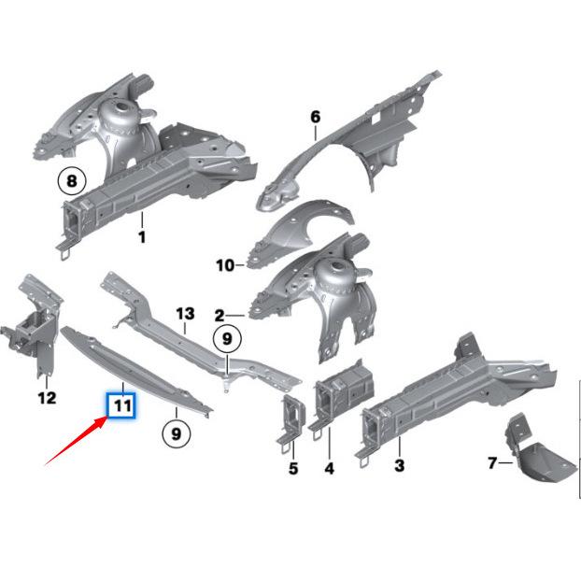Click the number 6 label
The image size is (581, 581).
tap(315, 117)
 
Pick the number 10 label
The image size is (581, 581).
tap(224, 265)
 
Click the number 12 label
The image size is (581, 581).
tap(47, 398)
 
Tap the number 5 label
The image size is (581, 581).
tap(293, 468)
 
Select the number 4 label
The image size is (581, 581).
tap(329, 467)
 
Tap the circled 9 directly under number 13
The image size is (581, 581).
tap(226, 339)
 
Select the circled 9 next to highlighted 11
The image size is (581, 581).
tap(175, 432)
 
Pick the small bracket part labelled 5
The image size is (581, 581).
tap(292, 418)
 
